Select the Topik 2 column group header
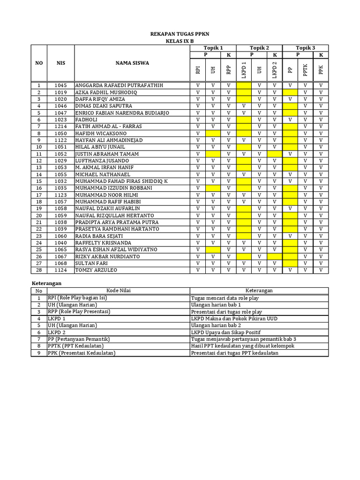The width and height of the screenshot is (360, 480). tap(259, 48)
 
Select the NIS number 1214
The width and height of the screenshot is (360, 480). tap(61, 127)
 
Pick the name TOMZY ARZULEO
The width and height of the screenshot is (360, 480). tap(97, 270)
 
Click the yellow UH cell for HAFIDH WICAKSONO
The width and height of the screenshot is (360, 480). tap(213, 133)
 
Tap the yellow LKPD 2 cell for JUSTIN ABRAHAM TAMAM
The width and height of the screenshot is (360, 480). tap(275, 154)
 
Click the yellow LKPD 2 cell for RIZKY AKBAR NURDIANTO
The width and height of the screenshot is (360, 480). tap(275, 256)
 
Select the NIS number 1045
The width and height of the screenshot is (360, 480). tap(61, 85)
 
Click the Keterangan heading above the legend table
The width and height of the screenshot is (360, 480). tap(47, 283)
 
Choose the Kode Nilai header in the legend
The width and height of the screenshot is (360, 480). tap(118, 291)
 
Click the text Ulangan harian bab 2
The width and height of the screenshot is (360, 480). tap(215, 325)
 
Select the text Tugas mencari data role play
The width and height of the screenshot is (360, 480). tap(225, 298)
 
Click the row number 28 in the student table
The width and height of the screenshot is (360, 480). tap(39, 270)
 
